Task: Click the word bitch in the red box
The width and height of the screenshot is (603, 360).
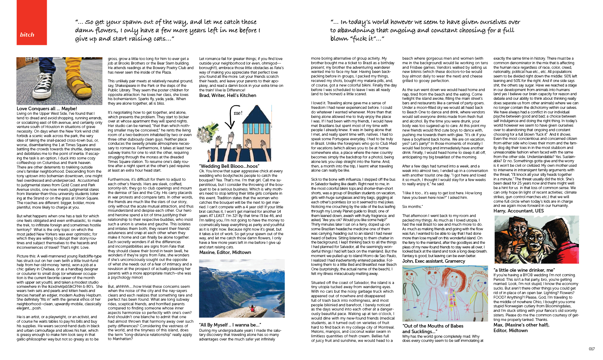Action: (x=27, y=35)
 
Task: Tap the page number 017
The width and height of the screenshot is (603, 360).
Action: (x=592, y=349)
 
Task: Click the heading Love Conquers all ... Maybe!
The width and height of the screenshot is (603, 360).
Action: (x=47, y=108)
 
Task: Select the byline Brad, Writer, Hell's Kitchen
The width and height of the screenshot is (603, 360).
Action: (x=228, y=95)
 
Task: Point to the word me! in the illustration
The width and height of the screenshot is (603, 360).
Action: (x=238, y=113)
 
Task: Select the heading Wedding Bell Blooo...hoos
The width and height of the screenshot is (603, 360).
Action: (x=229, y=166)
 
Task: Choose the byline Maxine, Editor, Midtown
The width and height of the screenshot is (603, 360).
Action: (x=225, y=252)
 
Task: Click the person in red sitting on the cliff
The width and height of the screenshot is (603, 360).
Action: (x=251, y=308)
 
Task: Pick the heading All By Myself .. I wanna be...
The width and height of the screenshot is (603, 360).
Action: (x=230, y=325)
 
